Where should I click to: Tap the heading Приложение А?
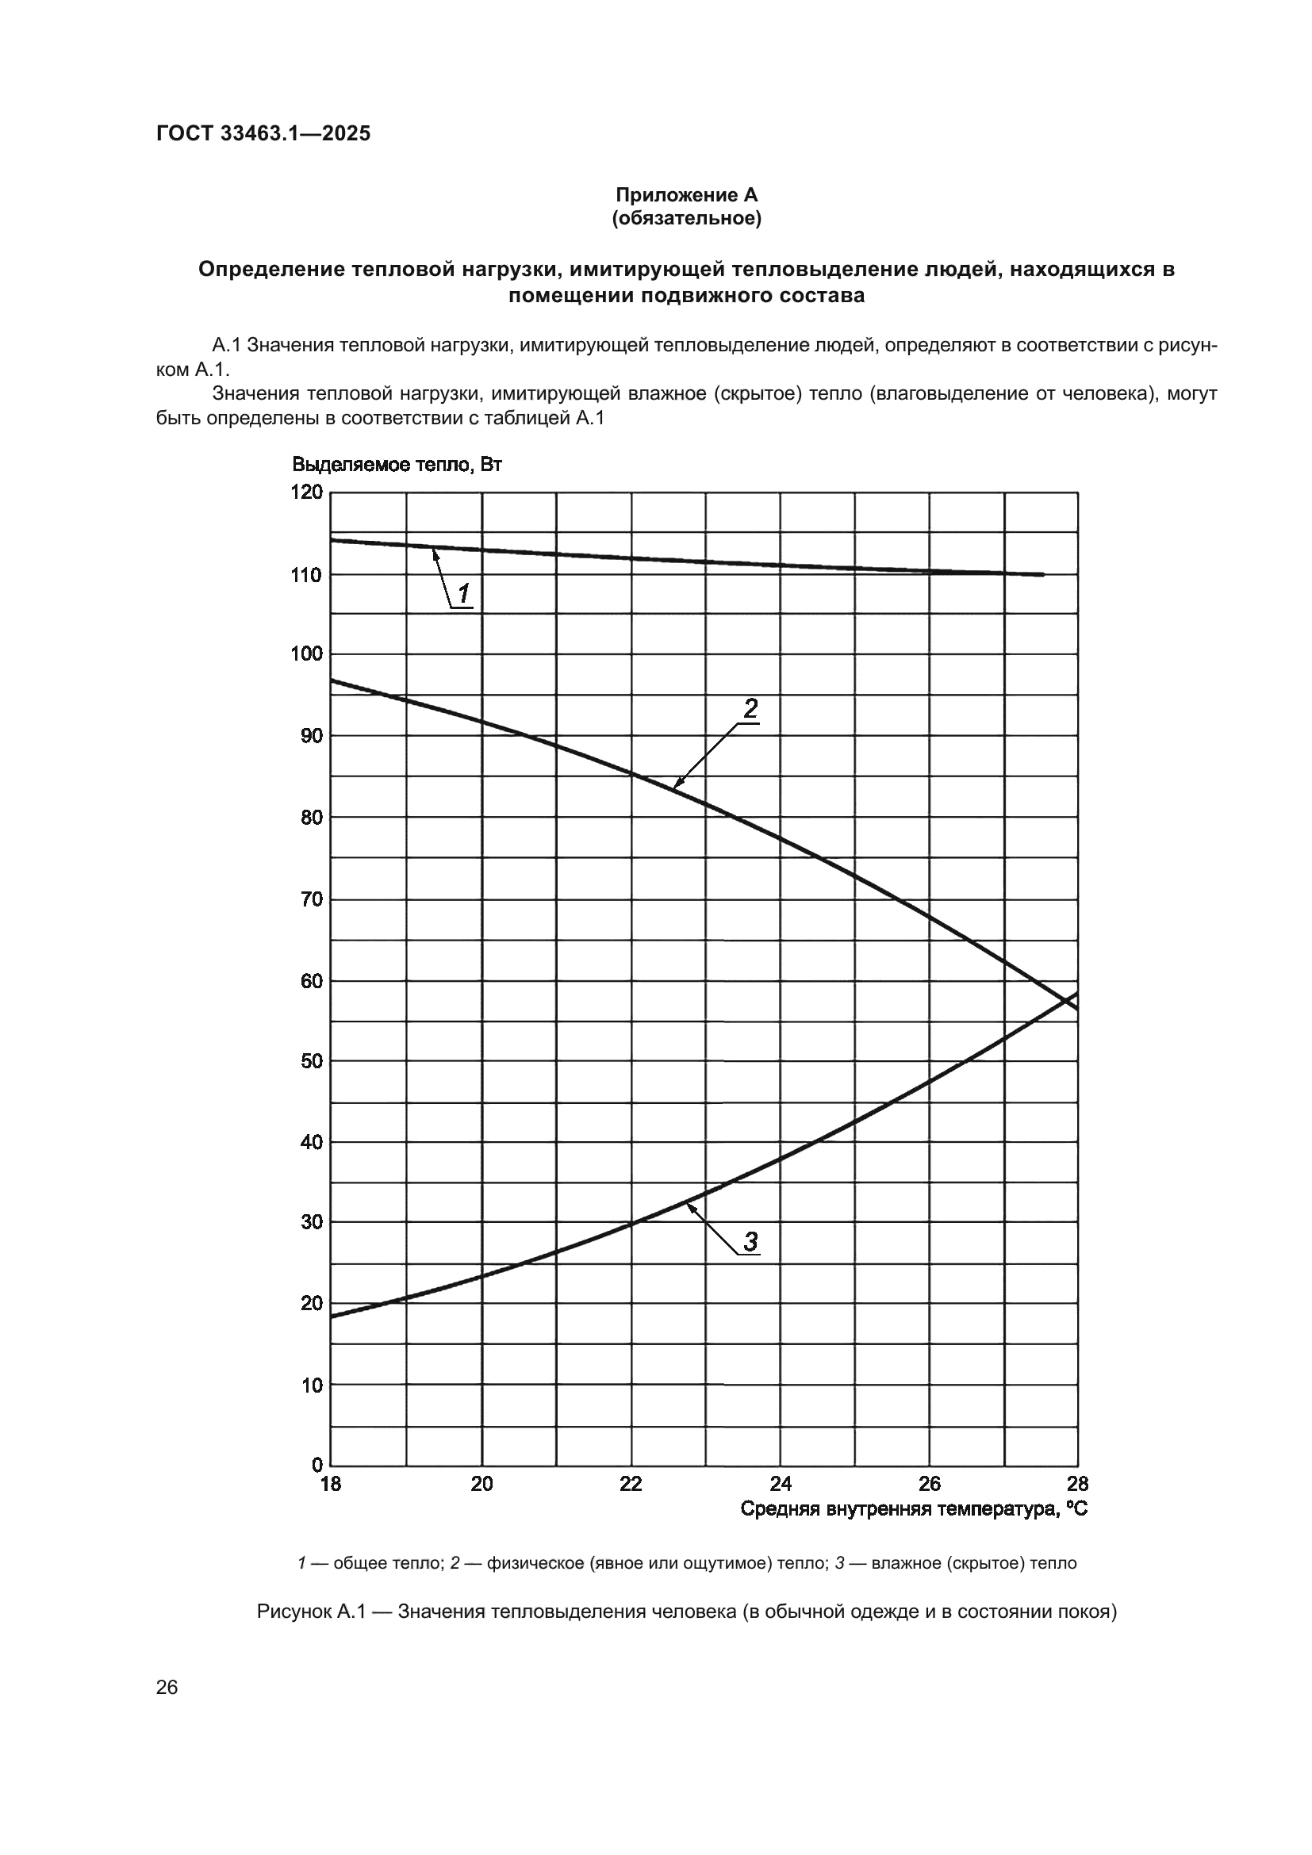pos(686,195)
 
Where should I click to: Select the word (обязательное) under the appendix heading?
pos(686,218)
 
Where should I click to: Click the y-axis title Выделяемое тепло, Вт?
pos(397,466)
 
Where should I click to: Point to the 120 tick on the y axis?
pos(306,492)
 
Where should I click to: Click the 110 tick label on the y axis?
pos(306,575)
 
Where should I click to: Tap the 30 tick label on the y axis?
pos(311,1222)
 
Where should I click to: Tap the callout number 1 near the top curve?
pos(464,595)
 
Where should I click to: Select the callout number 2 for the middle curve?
pos(750,709)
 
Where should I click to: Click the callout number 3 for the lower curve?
pos(750,1241)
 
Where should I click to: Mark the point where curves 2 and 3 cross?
pos(1066,1001)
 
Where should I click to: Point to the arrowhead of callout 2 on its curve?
pos(675,784)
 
